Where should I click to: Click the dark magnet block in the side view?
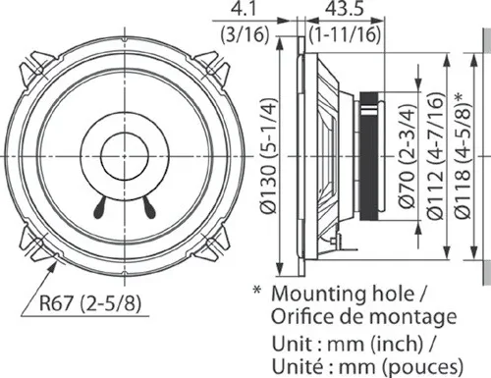pos(370,158)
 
